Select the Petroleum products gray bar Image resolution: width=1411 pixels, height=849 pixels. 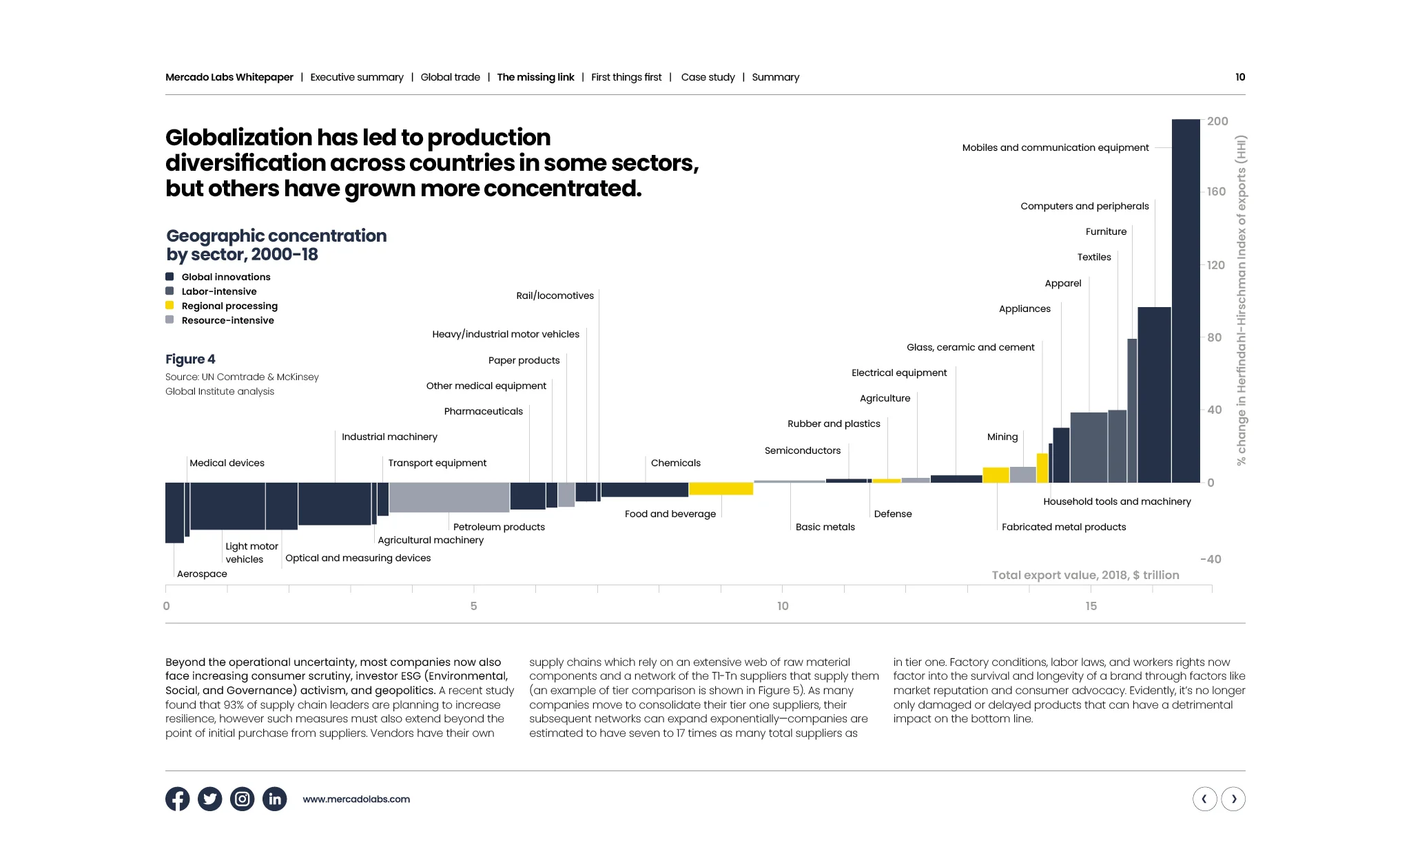click(449, 497)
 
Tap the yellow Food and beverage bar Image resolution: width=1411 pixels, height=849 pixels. click(721, 489)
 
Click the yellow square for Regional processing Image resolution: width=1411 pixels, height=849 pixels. click(169, 306)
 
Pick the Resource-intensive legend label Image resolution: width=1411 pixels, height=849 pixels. click(227, 320)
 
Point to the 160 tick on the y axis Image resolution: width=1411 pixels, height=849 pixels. click(1216, 191)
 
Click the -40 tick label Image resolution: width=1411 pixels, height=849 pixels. click(1211, 559)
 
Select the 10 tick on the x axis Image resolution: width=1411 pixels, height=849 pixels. click(783, 606)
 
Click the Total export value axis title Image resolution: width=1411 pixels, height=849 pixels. click(1085, 575)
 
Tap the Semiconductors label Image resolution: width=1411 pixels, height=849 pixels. click(802, 450)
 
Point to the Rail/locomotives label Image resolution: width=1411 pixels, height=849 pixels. click(555, 295)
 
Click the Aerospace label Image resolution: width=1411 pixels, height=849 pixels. click(202, 574)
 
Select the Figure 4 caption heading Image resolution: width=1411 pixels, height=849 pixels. click(190, 359)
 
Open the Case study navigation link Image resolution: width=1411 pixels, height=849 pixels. click(708, 77)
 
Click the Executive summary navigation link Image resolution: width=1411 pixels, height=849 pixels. click(357, 77)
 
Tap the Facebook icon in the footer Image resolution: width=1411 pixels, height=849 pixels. click(178, 799)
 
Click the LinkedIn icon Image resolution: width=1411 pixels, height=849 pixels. click(275, 799)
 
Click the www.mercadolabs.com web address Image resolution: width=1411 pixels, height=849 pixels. click(356, 799)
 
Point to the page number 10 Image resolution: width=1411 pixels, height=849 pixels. click(1239, 77)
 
